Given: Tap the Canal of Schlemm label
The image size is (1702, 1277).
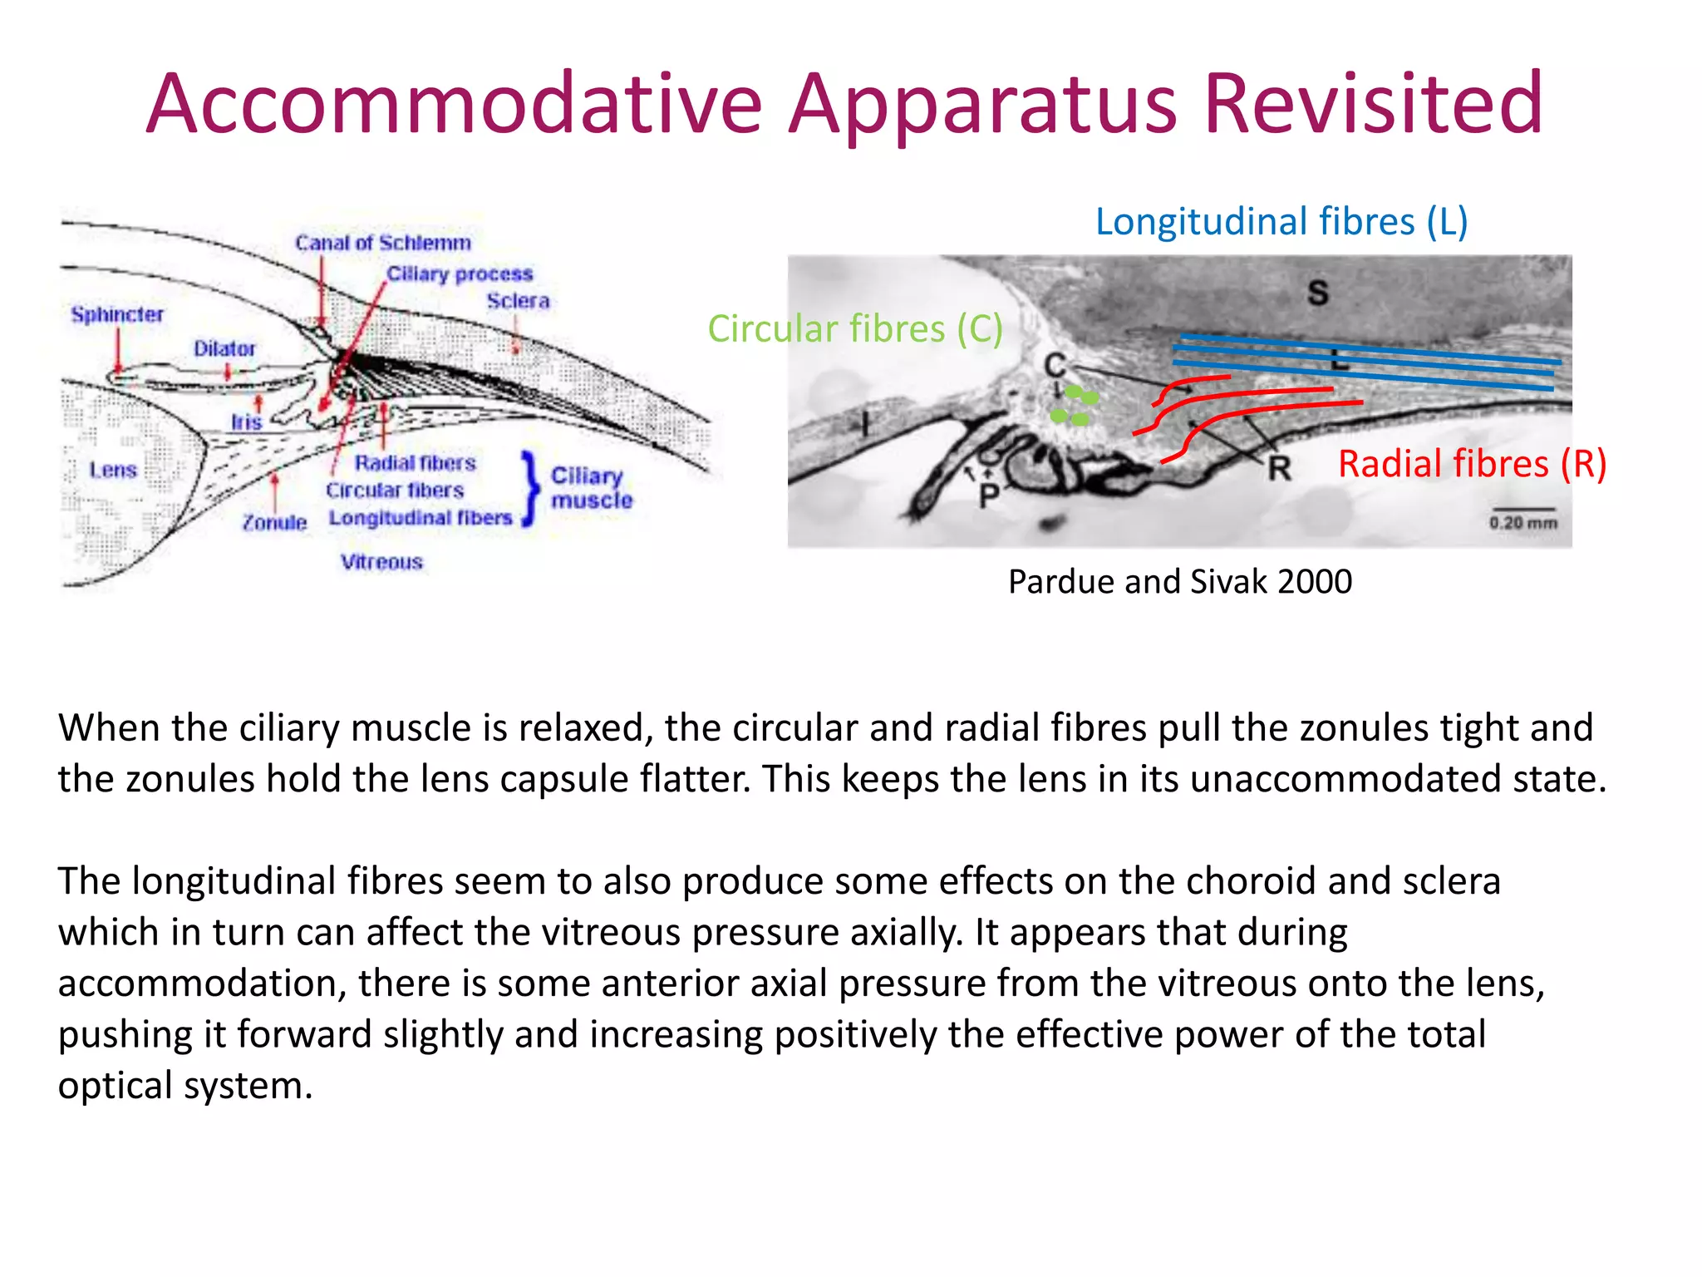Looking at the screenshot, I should pos(382,243).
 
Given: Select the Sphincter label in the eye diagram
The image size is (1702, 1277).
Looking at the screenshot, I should pos(117,314).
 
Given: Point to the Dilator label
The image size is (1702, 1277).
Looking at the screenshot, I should pos(224,348).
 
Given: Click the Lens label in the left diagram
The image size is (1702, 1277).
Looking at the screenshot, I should pos(113,470).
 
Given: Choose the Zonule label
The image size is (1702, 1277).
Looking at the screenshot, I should pos(274,522).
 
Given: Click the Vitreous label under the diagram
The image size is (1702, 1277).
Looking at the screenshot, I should pos(381,562).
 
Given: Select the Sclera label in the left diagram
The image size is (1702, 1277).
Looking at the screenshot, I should pos(518,301).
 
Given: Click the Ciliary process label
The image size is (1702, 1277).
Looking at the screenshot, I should pos(460,274).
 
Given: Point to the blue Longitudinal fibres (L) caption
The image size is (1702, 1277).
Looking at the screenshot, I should pos(1281,222).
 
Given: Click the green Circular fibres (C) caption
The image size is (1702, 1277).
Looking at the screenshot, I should pos(854,329).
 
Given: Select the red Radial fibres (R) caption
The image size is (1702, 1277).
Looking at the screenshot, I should pos(1472,464).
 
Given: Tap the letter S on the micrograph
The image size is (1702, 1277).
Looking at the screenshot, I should pos(1318,293).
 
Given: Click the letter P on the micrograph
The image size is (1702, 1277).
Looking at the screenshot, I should pos(988,496).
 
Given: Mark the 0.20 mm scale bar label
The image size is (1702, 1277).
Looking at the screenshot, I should pos(1523,523).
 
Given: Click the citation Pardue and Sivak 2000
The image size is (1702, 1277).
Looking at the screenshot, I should pos(1179,582).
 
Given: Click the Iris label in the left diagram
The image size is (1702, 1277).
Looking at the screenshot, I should pos(246,422).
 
